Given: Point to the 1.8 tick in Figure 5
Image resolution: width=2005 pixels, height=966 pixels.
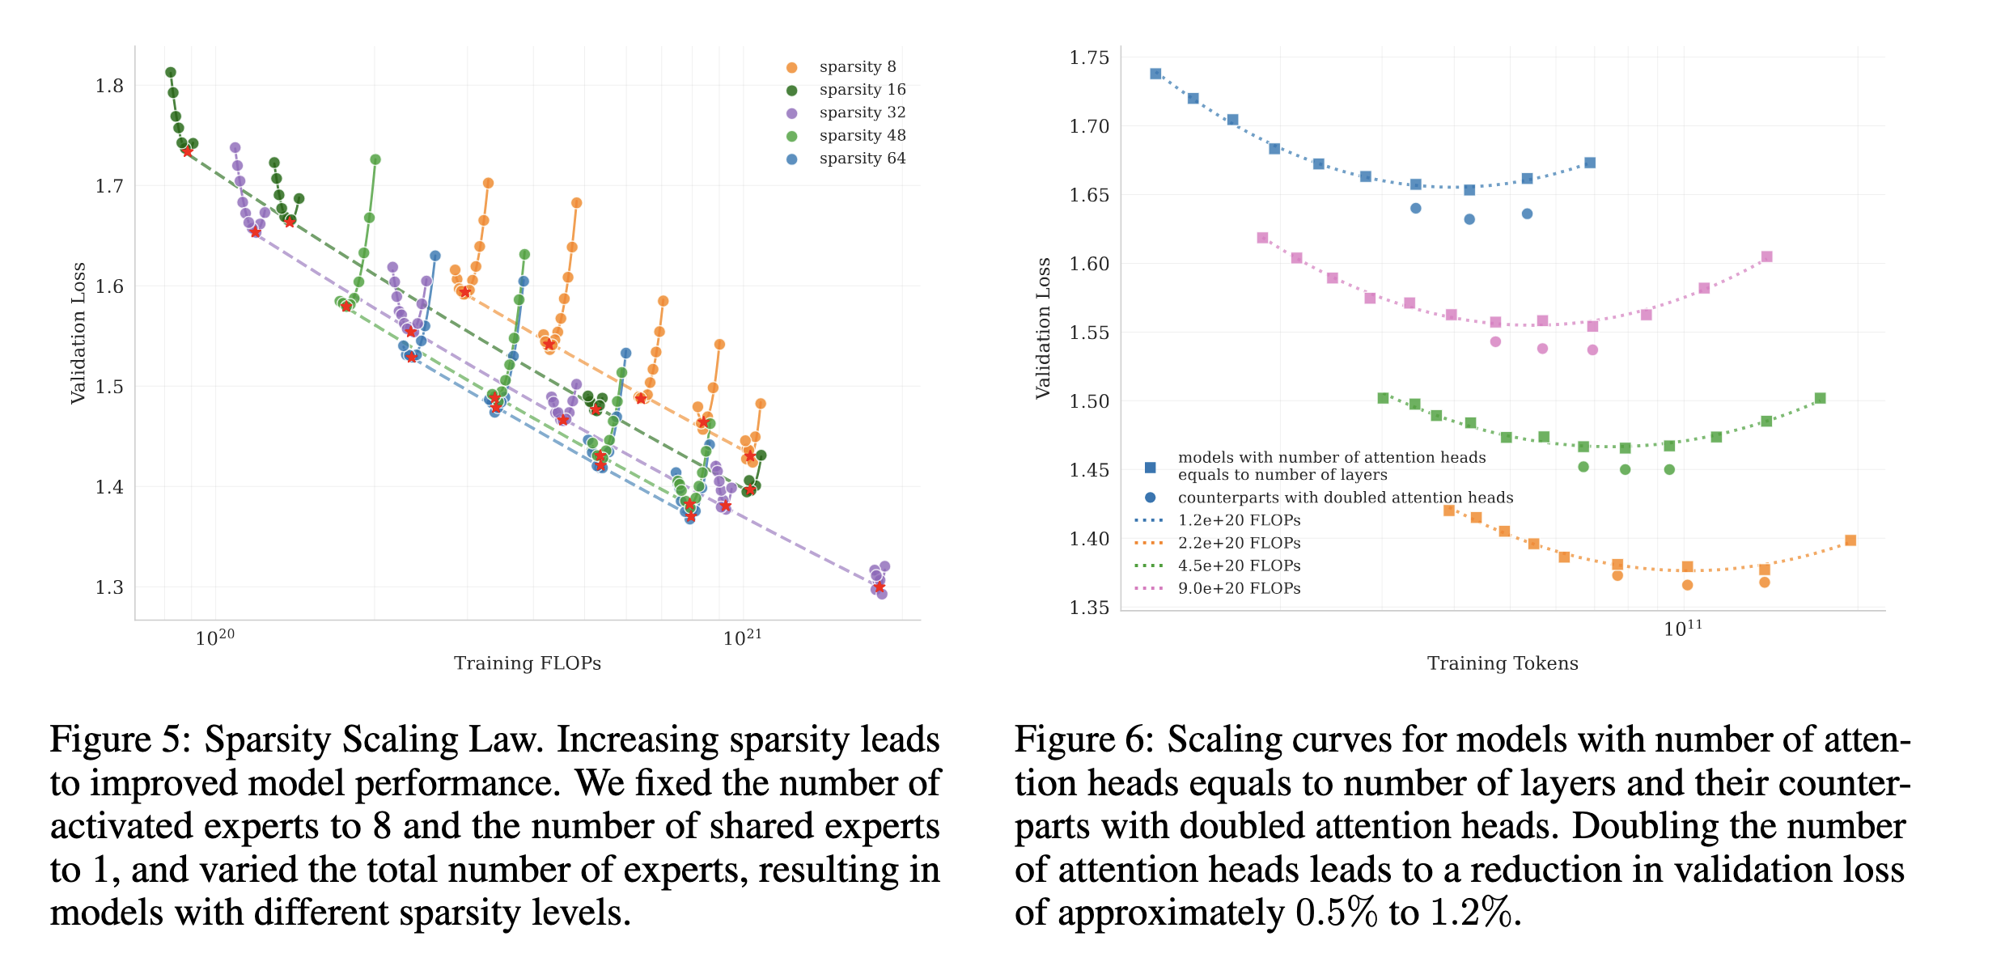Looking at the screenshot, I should (x=109, y=86).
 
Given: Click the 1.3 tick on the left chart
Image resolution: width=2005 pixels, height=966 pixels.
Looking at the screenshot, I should (x=109, y=587).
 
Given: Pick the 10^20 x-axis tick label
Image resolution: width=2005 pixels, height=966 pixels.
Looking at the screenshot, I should (x=214, y=638).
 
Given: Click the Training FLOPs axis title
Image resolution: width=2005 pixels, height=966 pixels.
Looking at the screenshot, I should (x=527, y=663).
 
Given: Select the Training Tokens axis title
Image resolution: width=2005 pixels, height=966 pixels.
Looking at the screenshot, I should (x=1502, y=663).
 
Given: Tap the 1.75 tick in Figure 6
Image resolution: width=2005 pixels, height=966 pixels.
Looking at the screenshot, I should (x=1088, y=57).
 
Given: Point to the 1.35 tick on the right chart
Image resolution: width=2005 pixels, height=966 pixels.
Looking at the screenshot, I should (x=1088, y=608).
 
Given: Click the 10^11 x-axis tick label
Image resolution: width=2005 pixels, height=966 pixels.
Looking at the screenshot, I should (x=1682, y=629).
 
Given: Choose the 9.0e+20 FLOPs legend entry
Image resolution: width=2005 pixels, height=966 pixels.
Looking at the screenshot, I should (x=1239, y=588).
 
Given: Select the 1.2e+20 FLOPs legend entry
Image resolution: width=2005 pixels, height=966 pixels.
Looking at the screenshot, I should (x=1239, y=520).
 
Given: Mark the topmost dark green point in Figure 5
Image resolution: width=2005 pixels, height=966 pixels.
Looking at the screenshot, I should (x=171, y=73).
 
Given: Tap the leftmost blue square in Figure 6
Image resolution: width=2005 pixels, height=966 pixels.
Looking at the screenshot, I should (x=1155, y=74).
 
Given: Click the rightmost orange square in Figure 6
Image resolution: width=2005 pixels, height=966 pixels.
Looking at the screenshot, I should (x=1850, y=540).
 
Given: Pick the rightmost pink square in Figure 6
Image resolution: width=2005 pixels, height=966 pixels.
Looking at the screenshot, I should (x=1766, y=256).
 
